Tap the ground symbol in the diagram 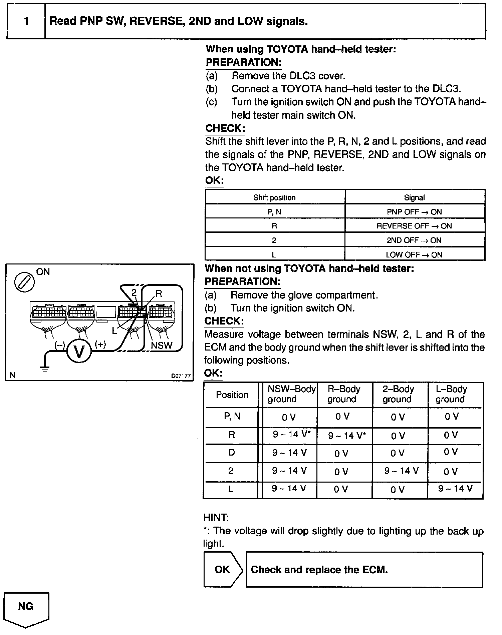point(45,368)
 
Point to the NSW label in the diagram point(162,346)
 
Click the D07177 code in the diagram point(181,376)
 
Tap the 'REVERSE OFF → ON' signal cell point(414,226)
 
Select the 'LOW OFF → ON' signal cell point(414,254)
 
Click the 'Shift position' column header point(274,197)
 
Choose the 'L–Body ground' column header point(451,394)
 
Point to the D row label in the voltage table point(232,453)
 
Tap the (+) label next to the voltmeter point(100,345)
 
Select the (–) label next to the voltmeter point(60,345)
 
